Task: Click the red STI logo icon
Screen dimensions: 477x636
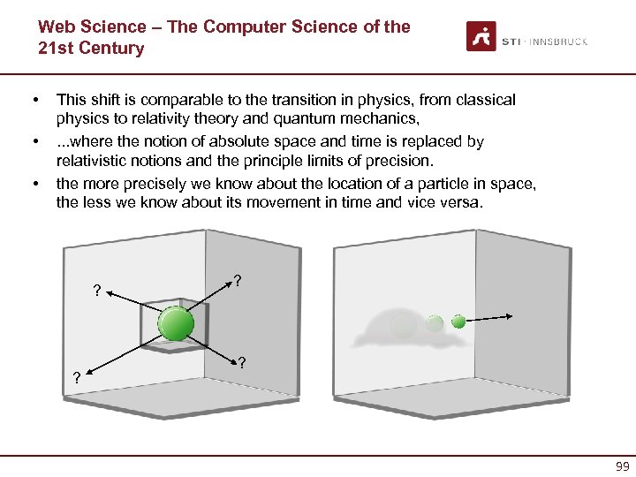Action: [481, 36]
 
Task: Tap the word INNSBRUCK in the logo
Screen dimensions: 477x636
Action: [558, 42]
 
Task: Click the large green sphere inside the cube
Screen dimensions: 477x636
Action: [176, 324]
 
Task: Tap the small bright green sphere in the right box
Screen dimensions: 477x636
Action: [458, 322]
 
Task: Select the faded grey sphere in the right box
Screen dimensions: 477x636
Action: [403, 324]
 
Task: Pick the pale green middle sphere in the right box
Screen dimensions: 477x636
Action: [434, 323]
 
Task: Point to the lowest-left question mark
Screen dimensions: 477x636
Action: [76, 378]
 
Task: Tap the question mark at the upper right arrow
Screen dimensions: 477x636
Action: [238, 281]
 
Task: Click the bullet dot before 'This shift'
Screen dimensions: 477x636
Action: [35, 101]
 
